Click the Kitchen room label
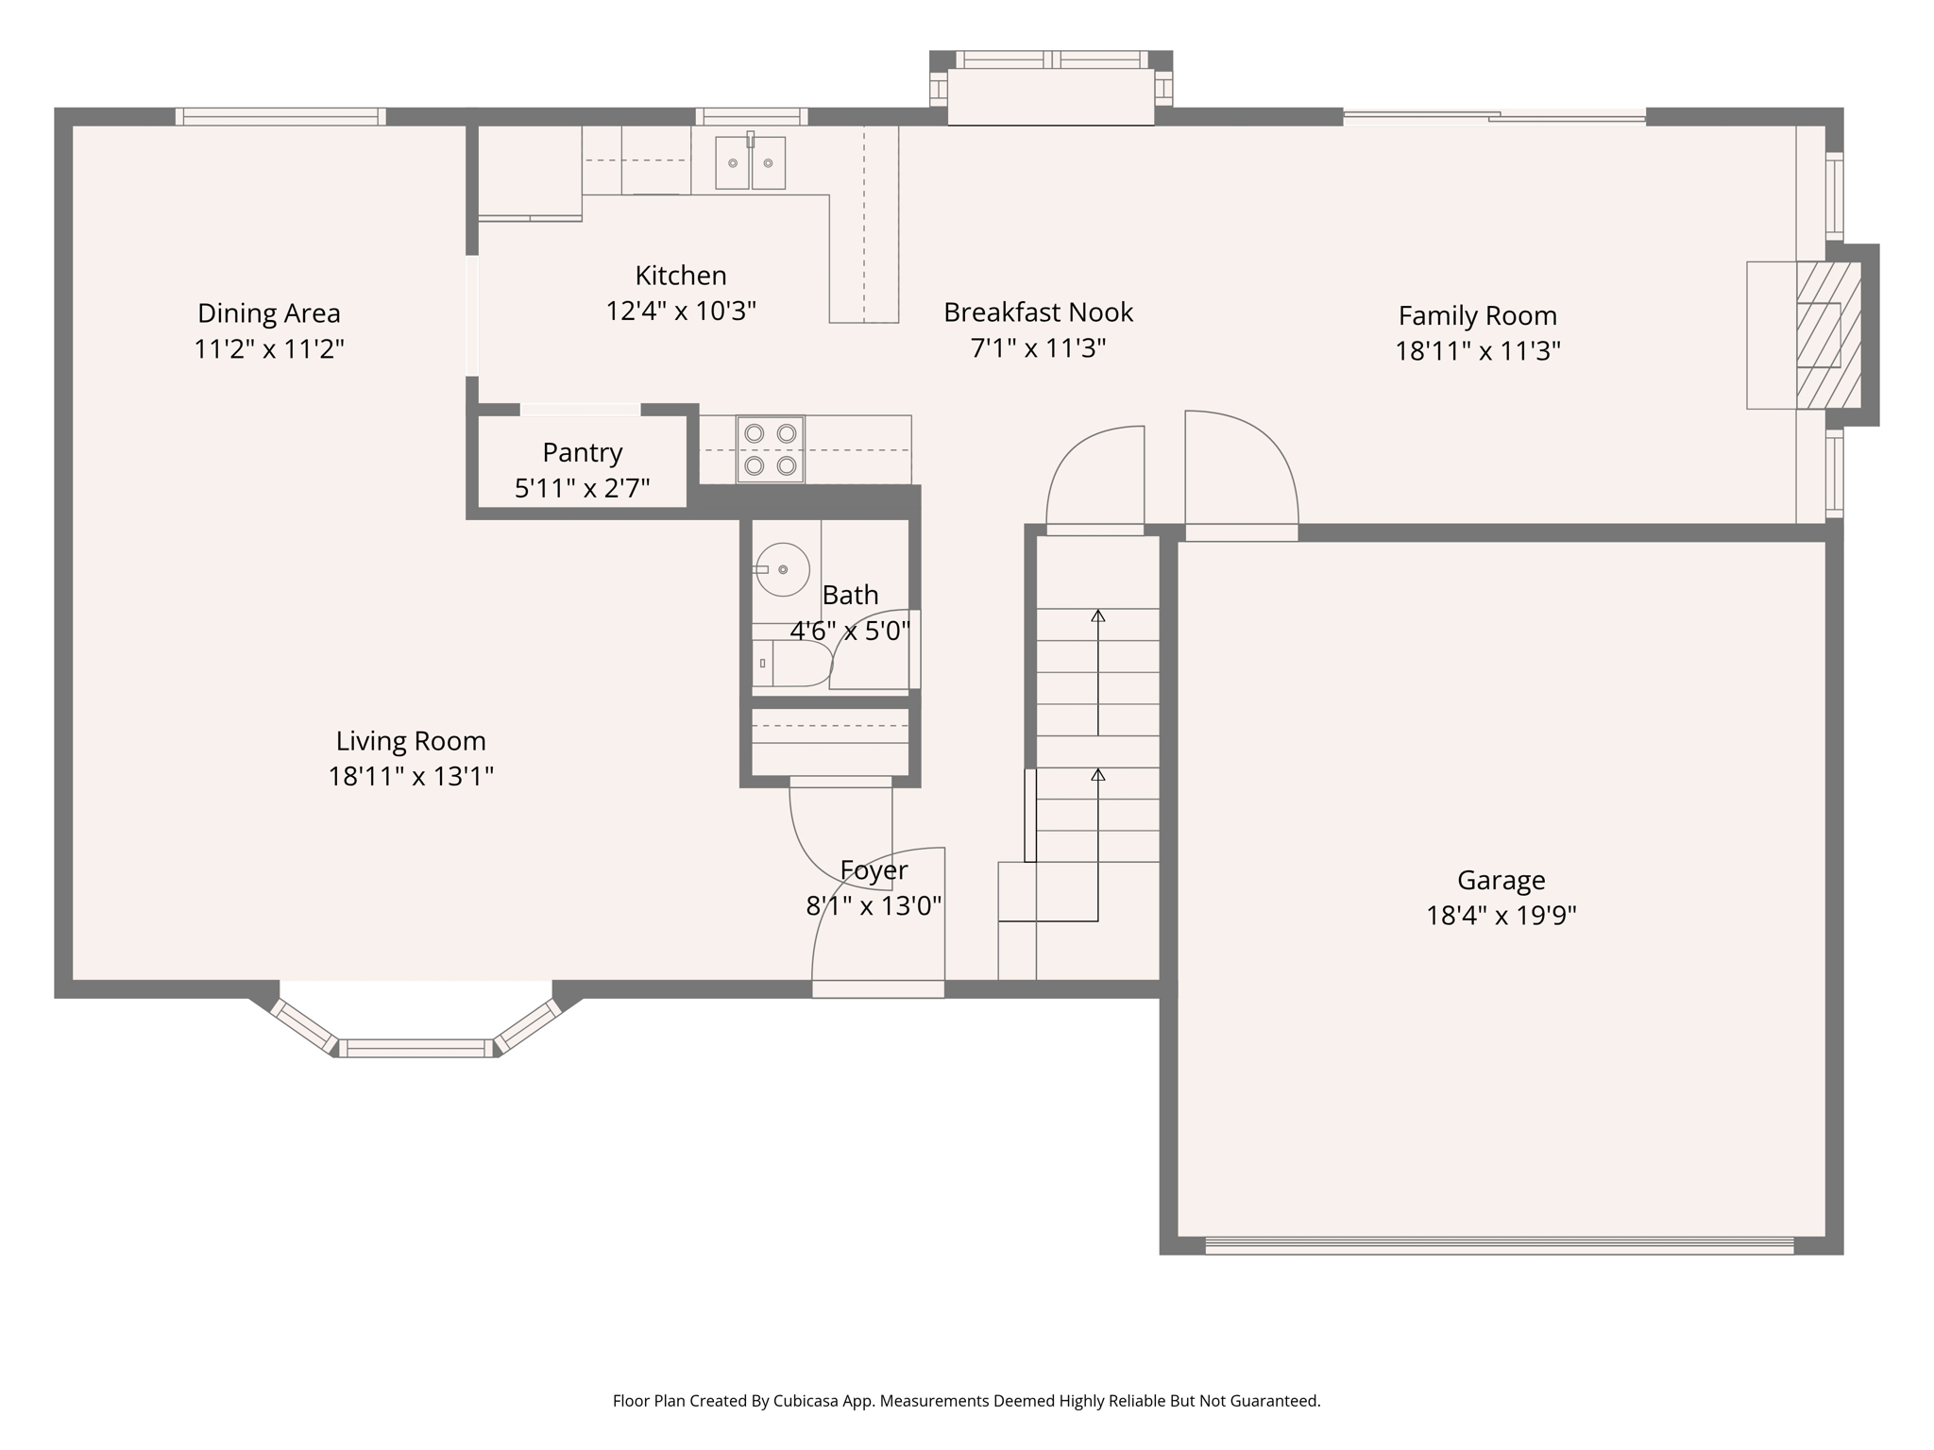(680, 276)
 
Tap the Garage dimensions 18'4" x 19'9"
(1501, 916)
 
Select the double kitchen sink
(750, 162)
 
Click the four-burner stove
(770, 449)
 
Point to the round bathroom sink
(783, 569)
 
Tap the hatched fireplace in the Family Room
(1827, 335)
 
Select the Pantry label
(582, 453)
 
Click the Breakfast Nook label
(1038, 312)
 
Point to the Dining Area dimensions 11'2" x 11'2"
(269, 349)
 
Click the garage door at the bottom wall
(1499, 1245)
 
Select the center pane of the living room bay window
(416, 1048)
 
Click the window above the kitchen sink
(752, 116)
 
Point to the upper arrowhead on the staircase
(1097, 616)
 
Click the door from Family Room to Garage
(1241, 472)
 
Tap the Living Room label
(411, 741)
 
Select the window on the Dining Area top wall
(280, 116)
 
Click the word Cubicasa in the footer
(809, 1401)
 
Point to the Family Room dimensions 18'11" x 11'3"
(1477, 351)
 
